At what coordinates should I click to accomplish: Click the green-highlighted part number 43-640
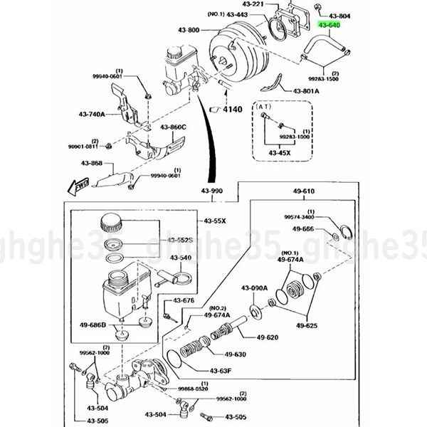tap(329, 24)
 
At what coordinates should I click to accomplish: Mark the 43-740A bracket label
tap(92, 114)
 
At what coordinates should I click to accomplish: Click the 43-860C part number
tap(173, 127)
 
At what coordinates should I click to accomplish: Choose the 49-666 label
tap(303, 228)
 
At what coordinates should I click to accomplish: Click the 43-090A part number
tap(254, 288)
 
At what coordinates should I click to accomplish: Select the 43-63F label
tap(222, 370)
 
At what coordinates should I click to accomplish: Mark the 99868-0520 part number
tap(191, 389)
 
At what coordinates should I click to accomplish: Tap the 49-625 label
tap(308, 326)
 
